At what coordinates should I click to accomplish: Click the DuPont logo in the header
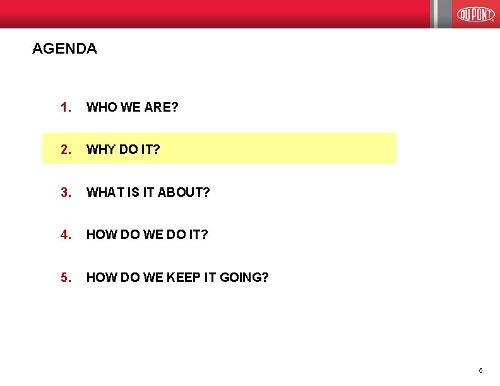[475, 13]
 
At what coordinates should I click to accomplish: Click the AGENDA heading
[64, 49]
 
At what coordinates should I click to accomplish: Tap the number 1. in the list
[66, 107]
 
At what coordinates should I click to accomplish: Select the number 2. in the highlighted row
[66, 149]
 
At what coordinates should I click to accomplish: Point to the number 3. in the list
[66, 192]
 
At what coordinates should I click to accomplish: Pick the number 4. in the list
[66, 235]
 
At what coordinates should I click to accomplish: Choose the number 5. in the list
[66, 277]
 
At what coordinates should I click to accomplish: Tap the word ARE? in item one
[161, 107]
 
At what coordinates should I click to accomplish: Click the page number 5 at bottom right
[480, 370]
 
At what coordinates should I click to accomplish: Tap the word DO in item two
[129, 149]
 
